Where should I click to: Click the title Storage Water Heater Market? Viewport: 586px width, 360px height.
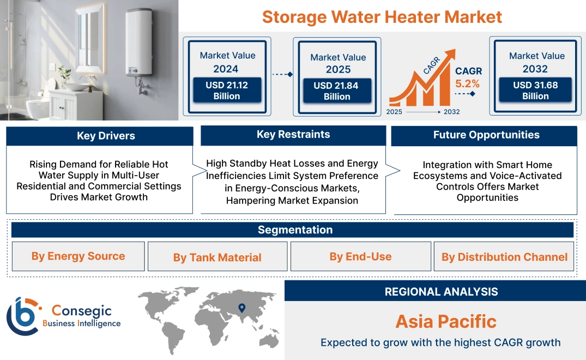coord(382,16)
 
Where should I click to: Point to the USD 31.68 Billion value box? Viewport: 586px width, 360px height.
coord(535,91)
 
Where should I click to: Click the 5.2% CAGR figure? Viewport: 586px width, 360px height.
coord(468,83)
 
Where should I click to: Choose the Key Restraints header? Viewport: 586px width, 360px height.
coord(293,135)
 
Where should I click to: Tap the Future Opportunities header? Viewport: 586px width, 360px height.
coord(486,135)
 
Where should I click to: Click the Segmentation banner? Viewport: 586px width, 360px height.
coord(295,230)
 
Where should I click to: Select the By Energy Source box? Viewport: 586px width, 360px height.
coord(78,256)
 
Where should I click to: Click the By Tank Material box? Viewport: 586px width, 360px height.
coord(217,257)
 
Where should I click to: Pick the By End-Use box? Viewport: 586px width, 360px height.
coord(360,256)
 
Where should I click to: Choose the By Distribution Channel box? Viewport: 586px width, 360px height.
coord(504,257)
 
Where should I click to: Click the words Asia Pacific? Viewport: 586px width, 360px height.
coord(446,321)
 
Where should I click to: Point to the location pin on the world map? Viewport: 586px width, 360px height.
coord(241,309)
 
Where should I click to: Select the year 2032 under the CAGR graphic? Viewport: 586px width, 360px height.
coord(451,112)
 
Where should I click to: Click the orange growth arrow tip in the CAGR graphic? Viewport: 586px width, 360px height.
coord(451,53)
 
